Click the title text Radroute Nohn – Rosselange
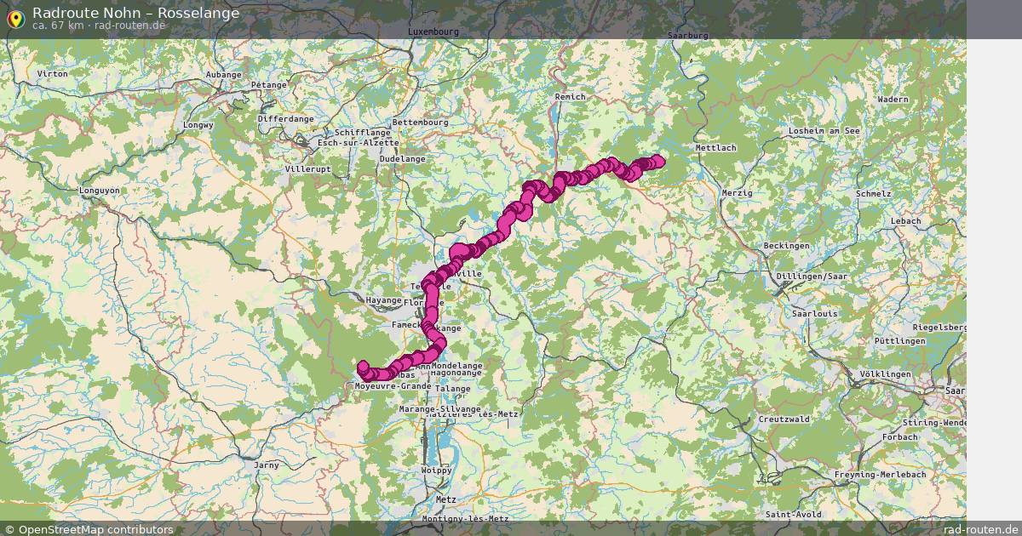point(135,13)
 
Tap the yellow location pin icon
point(15,17)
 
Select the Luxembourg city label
point(433,31)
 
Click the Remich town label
point(570,97)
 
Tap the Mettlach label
point(715,148)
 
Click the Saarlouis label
point(814,314)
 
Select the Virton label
point(53,74)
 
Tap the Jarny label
point(267,465)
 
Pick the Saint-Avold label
point(793,515)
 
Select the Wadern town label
point(893,100)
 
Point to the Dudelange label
point(402,159)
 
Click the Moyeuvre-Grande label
point(393,386)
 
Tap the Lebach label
point(905,221)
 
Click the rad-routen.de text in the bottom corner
point(981,529)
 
